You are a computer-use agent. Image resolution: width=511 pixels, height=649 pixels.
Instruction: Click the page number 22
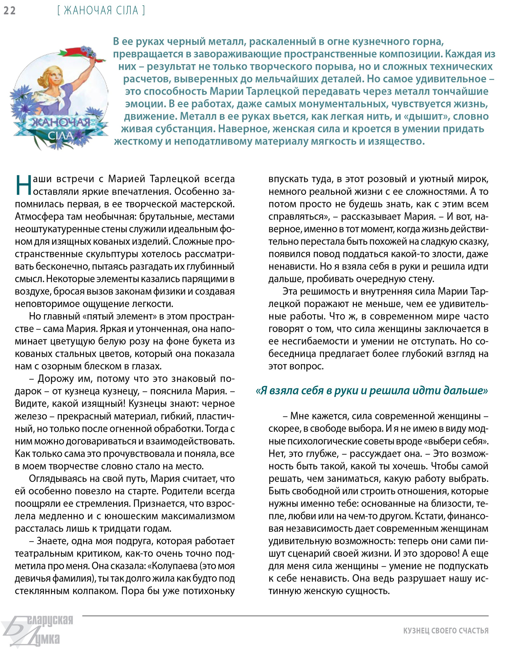pyautogui.click(x=10, y=11)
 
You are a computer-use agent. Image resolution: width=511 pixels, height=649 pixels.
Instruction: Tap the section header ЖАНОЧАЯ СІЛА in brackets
pyautogui.click(x=101, y=11)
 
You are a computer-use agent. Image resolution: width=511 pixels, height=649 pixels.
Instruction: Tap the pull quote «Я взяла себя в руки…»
pyautogui.click(x=372, y=390)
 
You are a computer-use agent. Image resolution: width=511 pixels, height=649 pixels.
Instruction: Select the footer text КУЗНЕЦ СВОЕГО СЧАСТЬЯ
pyautogui.click(x=446, y=631)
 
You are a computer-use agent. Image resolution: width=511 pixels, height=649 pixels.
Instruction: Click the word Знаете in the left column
pyautogui.click(x=53, y=541)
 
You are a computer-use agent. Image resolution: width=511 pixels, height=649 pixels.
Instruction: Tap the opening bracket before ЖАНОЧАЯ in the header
pyautogui.click(x=58, y=11)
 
